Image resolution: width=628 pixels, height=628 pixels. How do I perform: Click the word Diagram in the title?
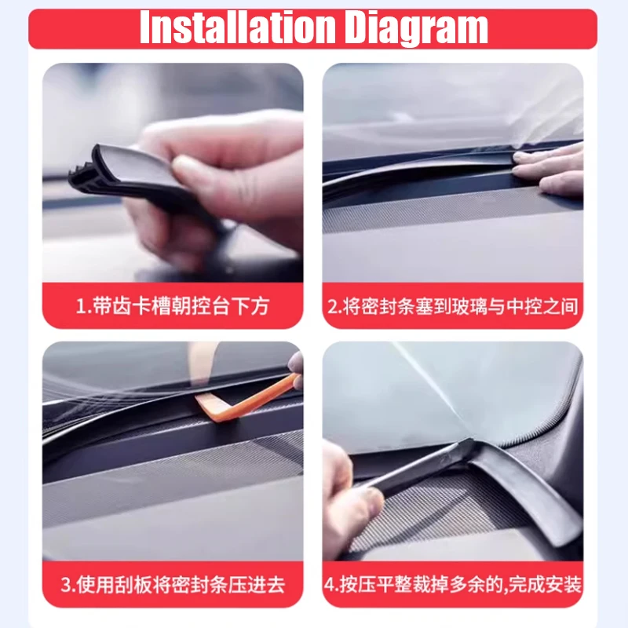click(x=416, y=28)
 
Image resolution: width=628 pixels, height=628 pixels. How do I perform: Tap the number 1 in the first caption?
click(x=80, y=306)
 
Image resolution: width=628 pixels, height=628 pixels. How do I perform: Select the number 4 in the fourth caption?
click(x=330, y=585)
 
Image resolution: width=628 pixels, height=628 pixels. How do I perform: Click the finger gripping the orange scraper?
click(x=297, y=369)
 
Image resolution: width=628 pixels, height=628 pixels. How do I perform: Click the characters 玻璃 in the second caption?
click(x=470, y=306)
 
